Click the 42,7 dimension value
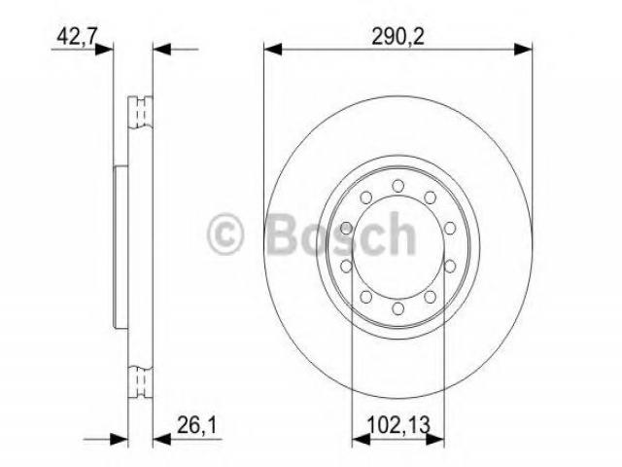[x=77, y=37]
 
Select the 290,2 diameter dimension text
[x=397, y=37]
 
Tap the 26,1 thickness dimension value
[x=197, y=426]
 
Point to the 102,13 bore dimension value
[x=398, y=425]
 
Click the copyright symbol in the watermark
[x=225, y=233]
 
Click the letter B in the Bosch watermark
[x=286, y=233]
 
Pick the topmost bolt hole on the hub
[x=397, y=186]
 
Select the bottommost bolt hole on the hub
[x=397, y=308]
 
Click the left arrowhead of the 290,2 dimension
[x=273, y=50]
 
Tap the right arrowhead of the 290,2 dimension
[x=523, y=50]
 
